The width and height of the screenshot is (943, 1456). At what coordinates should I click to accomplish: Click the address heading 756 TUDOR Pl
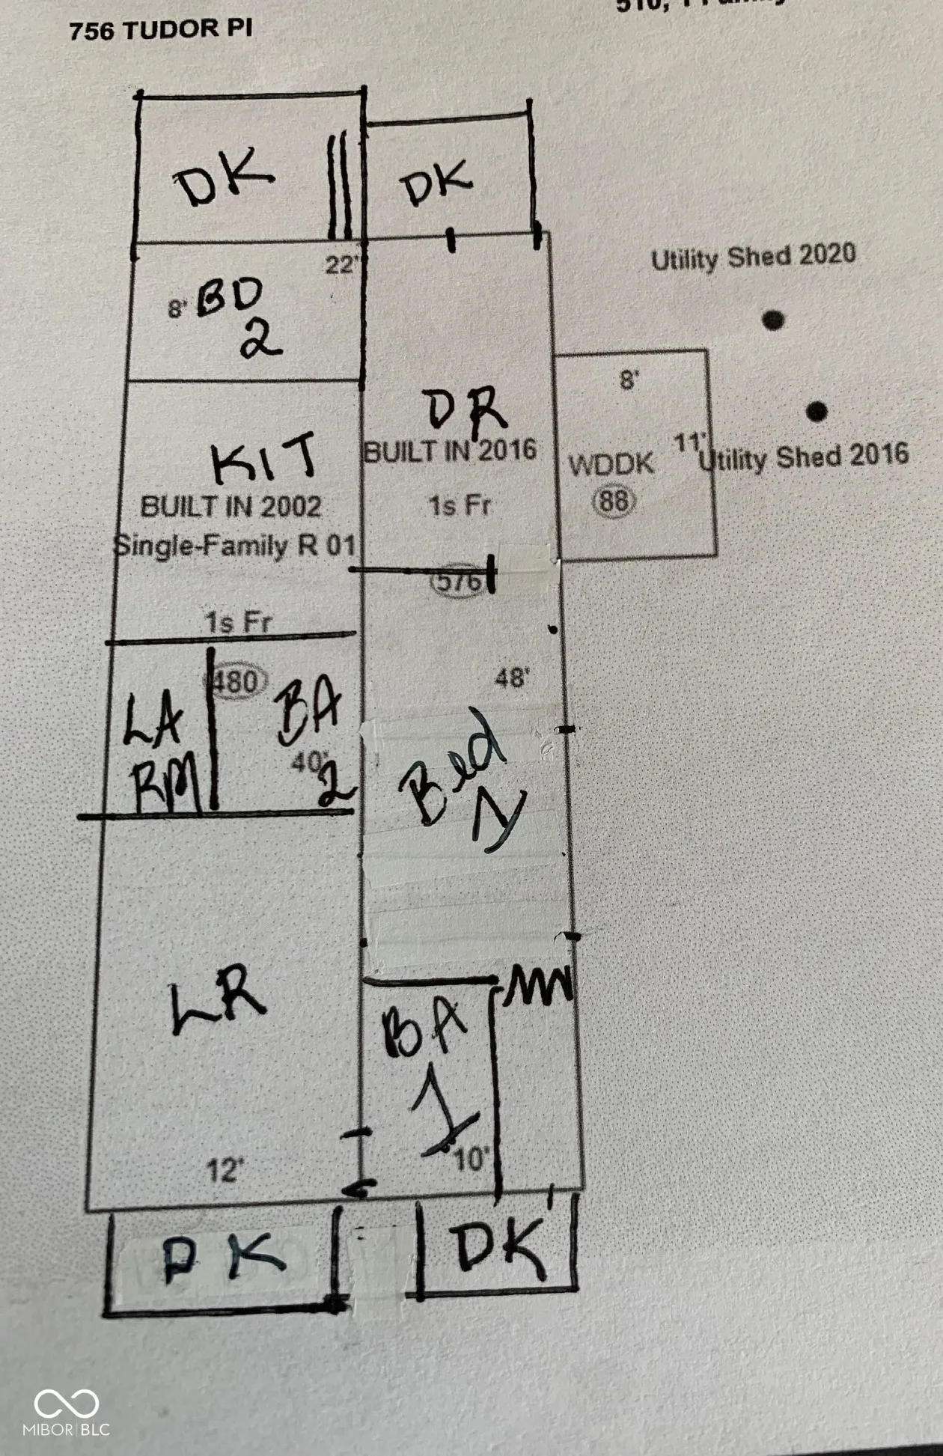click(x=160, y=30)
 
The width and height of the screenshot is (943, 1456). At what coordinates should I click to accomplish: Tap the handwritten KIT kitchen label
click(x=263, y=457)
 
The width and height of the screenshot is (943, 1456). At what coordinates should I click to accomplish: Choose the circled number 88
click(x=614, y=501)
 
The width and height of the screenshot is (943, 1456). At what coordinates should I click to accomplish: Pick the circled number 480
click(x=236, y=681)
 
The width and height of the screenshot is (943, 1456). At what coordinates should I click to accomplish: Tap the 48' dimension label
click(x=512, y=678)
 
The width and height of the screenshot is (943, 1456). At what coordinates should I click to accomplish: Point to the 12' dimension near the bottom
click(x=225, y=1170)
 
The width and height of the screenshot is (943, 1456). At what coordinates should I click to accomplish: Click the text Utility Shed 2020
click(x=753, y=257)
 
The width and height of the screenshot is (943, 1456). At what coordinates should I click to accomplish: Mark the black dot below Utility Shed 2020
click(x=773, y=320)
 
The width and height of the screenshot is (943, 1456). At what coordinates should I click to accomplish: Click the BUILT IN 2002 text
click(x=231, y=507)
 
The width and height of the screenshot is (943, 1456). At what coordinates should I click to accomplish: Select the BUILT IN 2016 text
click(x=450, y=451)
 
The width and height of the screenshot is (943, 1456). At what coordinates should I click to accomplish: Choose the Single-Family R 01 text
click(x=234, y=545)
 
